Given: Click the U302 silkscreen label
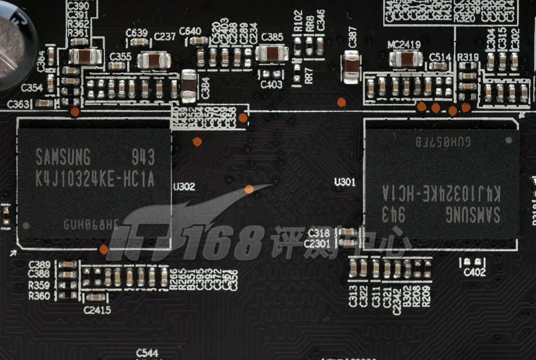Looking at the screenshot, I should tap(184, 187).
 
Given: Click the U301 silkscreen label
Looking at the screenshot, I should tap(345, 182).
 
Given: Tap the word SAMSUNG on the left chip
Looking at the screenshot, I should tap(63, 157).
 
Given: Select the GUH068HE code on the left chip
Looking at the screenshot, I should tap(91, 225).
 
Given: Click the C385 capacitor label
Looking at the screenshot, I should tap(272, 37).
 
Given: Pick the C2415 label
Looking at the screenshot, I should tap(97, 310).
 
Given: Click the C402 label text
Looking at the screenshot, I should tap(474, 273).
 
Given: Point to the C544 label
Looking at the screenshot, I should tap(147, 353).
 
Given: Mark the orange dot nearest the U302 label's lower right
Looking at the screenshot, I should tap(249, 189).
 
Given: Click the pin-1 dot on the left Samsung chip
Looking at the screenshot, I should tap(26, 226).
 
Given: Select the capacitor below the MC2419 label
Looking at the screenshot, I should tap(405, 59).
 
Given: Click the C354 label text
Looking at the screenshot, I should tap(32, 88).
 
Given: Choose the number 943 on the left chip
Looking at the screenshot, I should tap(143, 157).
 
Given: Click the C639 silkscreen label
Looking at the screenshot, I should tap(137, 33).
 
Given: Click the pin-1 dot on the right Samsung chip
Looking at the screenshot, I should tap(509, 140).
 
